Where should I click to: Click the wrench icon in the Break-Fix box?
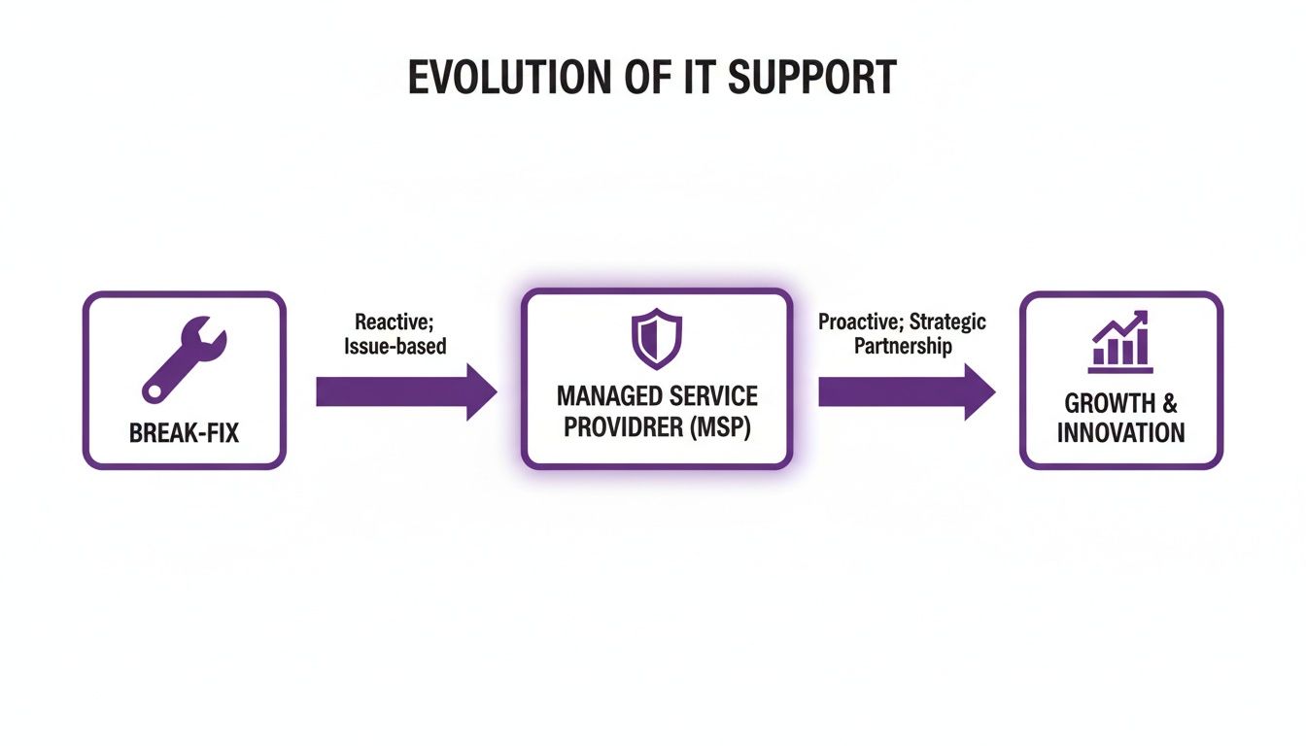click(185, 360)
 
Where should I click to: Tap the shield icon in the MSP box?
click(657, 338)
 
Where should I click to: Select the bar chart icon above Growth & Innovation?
click(1120, 342)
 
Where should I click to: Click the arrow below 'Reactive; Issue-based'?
click(406, 391)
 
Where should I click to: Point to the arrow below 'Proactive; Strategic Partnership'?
click(907, 391)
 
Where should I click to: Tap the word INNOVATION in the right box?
click(1120, 433)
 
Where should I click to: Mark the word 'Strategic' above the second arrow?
click(947, 322)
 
